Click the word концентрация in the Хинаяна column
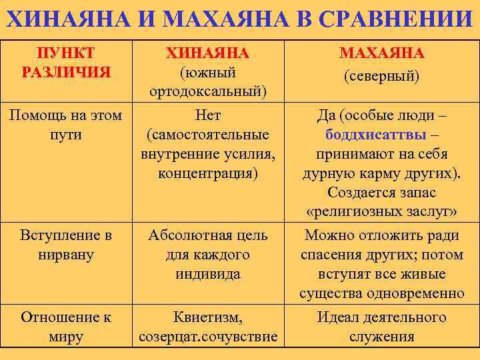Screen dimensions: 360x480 (208, 174)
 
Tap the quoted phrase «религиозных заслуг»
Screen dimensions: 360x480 (381, 212)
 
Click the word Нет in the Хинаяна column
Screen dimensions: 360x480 (208, 116)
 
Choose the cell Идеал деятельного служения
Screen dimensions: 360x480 (381, 327)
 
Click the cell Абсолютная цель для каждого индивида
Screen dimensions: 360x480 (208, 255)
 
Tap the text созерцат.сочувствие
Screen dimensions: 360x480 (208, 337)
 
